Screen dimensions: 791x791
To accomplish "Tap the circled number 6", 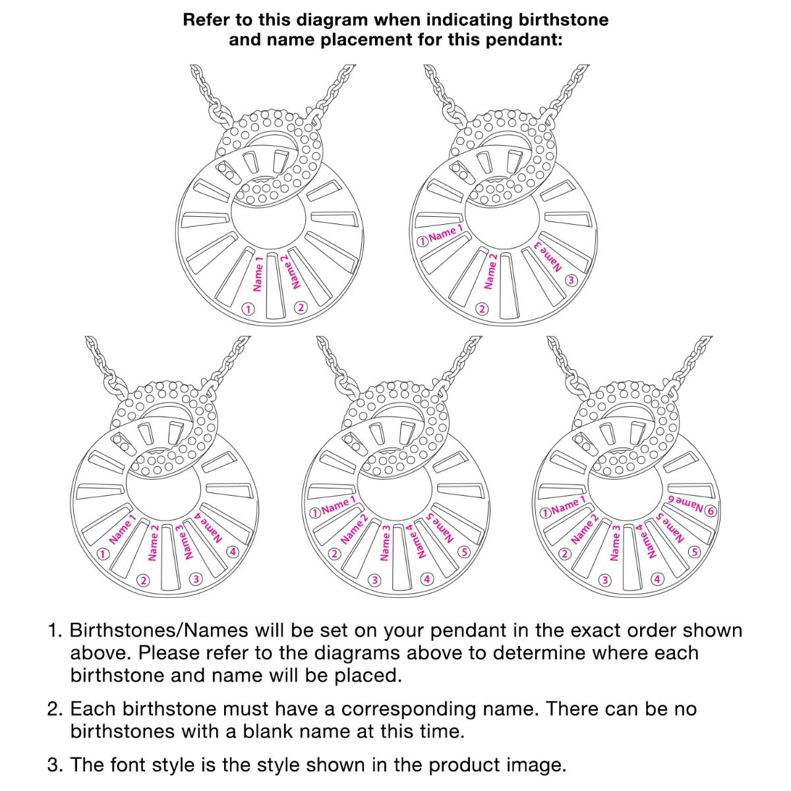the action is (711, 511).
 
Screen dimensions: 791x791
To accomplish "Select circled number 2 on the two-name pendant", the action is (301, 307).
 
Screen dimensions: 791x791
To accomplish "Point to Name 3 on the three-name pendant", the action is (548, 257).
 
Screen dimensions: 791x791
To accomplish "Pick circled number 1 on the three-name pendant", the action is (423, 242).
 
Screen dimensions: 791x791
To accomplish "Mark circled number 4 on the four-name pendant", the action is (233, 552).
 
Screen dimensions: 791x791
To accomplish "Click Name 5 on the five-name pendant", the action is (440, 528).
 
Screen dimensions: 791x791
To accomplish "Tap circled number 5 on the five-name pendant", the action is (465, 552).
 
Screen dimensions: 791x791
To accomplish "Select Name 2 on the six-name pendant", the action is (585, 531).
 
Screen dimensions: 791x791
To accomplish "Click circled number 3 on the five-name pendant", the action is (374, 581).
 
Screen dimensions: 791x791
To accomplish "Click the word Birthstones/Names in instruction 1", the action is (159, 631).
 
